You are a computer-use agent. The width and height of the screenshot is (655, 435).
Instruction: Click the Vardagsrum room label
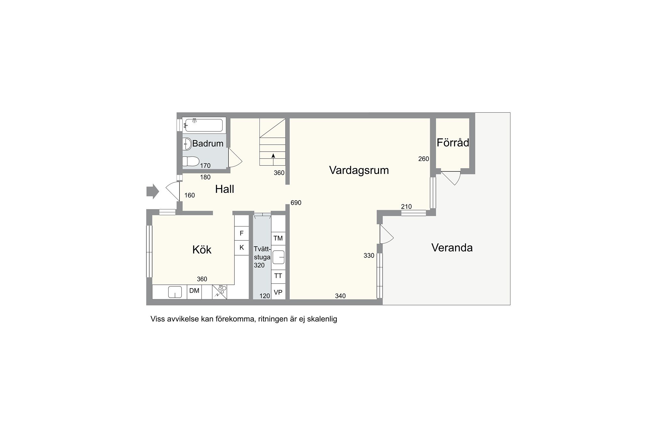click(359, 170)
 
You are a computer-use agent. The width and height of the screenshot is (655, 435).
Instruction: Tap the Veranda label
click(452, 248)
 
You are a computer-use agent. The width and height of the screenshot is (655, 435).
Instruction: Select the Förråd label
click(453, 143)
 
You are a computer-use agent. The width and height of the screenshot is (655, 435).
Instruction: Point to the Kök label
click(202, 249)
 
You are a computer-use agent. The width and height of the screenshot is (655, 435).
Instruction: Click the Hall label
click(225, 189)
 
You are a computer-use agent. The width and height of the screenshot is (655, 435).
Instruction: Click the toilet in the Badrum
click(191, 161)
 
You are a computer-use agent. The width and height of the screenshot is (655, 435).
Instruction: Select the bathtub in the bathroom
click(203, 125)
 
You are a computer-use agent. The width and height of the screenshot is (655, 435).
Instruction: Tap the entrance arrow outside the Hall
click(153, 192)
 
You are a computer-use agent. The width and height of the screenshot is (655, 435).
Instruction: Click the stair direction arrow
click(273, 159)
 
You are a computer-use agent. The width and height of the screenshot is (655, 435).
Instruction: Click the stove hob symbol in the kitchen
click(220, 292)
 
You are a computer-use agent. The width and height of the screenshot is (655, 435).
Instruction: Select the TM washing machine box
click(278, 238)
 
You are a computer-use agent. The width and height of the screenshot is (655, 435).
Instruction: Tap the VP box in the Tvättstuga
click(278, 293)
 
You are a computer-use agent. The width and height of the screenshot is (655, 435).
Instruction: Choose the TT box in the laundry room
click(278, 276)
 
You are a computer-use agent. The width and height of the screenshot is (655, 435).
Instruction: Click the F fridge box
click(242, 233)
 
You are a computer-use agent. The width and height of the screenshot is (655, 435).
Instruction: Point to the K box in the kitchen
click(242, 248)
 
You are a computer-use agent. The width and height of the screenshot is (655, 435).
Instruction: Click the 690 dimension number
click(296, 203)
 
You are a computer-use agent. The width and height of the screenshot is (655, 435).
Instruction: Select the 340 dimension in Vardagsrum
click(340, 296)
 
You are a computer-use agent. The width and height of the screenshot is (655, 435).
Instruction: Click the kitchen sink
click(175, 292)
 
